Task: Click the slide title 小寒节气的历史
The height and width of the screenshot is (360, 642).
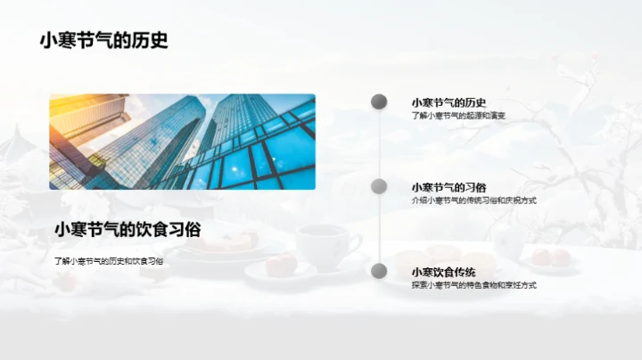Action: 103,40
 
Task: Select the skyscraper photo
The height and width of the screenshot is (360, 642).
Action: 182,142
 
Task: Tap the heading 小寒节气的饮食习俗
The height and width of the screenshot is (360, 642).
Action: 128,229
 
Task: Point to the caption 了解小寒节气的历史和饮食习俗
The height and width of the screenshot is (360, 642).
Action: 109,261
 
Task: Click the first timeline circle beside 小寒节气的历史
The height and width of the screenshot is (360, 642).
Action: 379,102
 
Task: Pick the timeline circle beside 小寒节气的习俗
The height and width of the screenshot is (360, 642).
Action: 379,186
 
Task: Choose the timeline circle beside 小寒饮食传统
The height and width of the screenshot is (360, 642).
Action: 379,271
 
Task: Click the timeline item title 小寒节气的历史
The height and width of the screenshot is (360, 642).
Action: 449,102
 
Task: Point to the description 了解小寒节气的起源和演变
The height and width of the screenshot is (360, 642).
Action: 458,116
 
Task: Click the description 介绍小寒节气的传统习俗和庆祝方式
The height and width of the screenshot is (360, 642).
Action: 473,200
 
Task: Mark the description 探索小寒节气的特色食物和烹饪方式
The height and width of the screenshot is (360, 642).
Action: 473,285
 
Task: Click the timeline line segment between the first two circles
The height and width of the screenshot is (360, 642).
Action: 379,144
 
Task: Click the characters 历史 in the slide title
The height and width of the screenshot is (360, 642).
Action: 152,40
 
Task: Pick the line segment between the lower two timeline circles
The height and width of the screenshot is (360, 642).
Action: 379,229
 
